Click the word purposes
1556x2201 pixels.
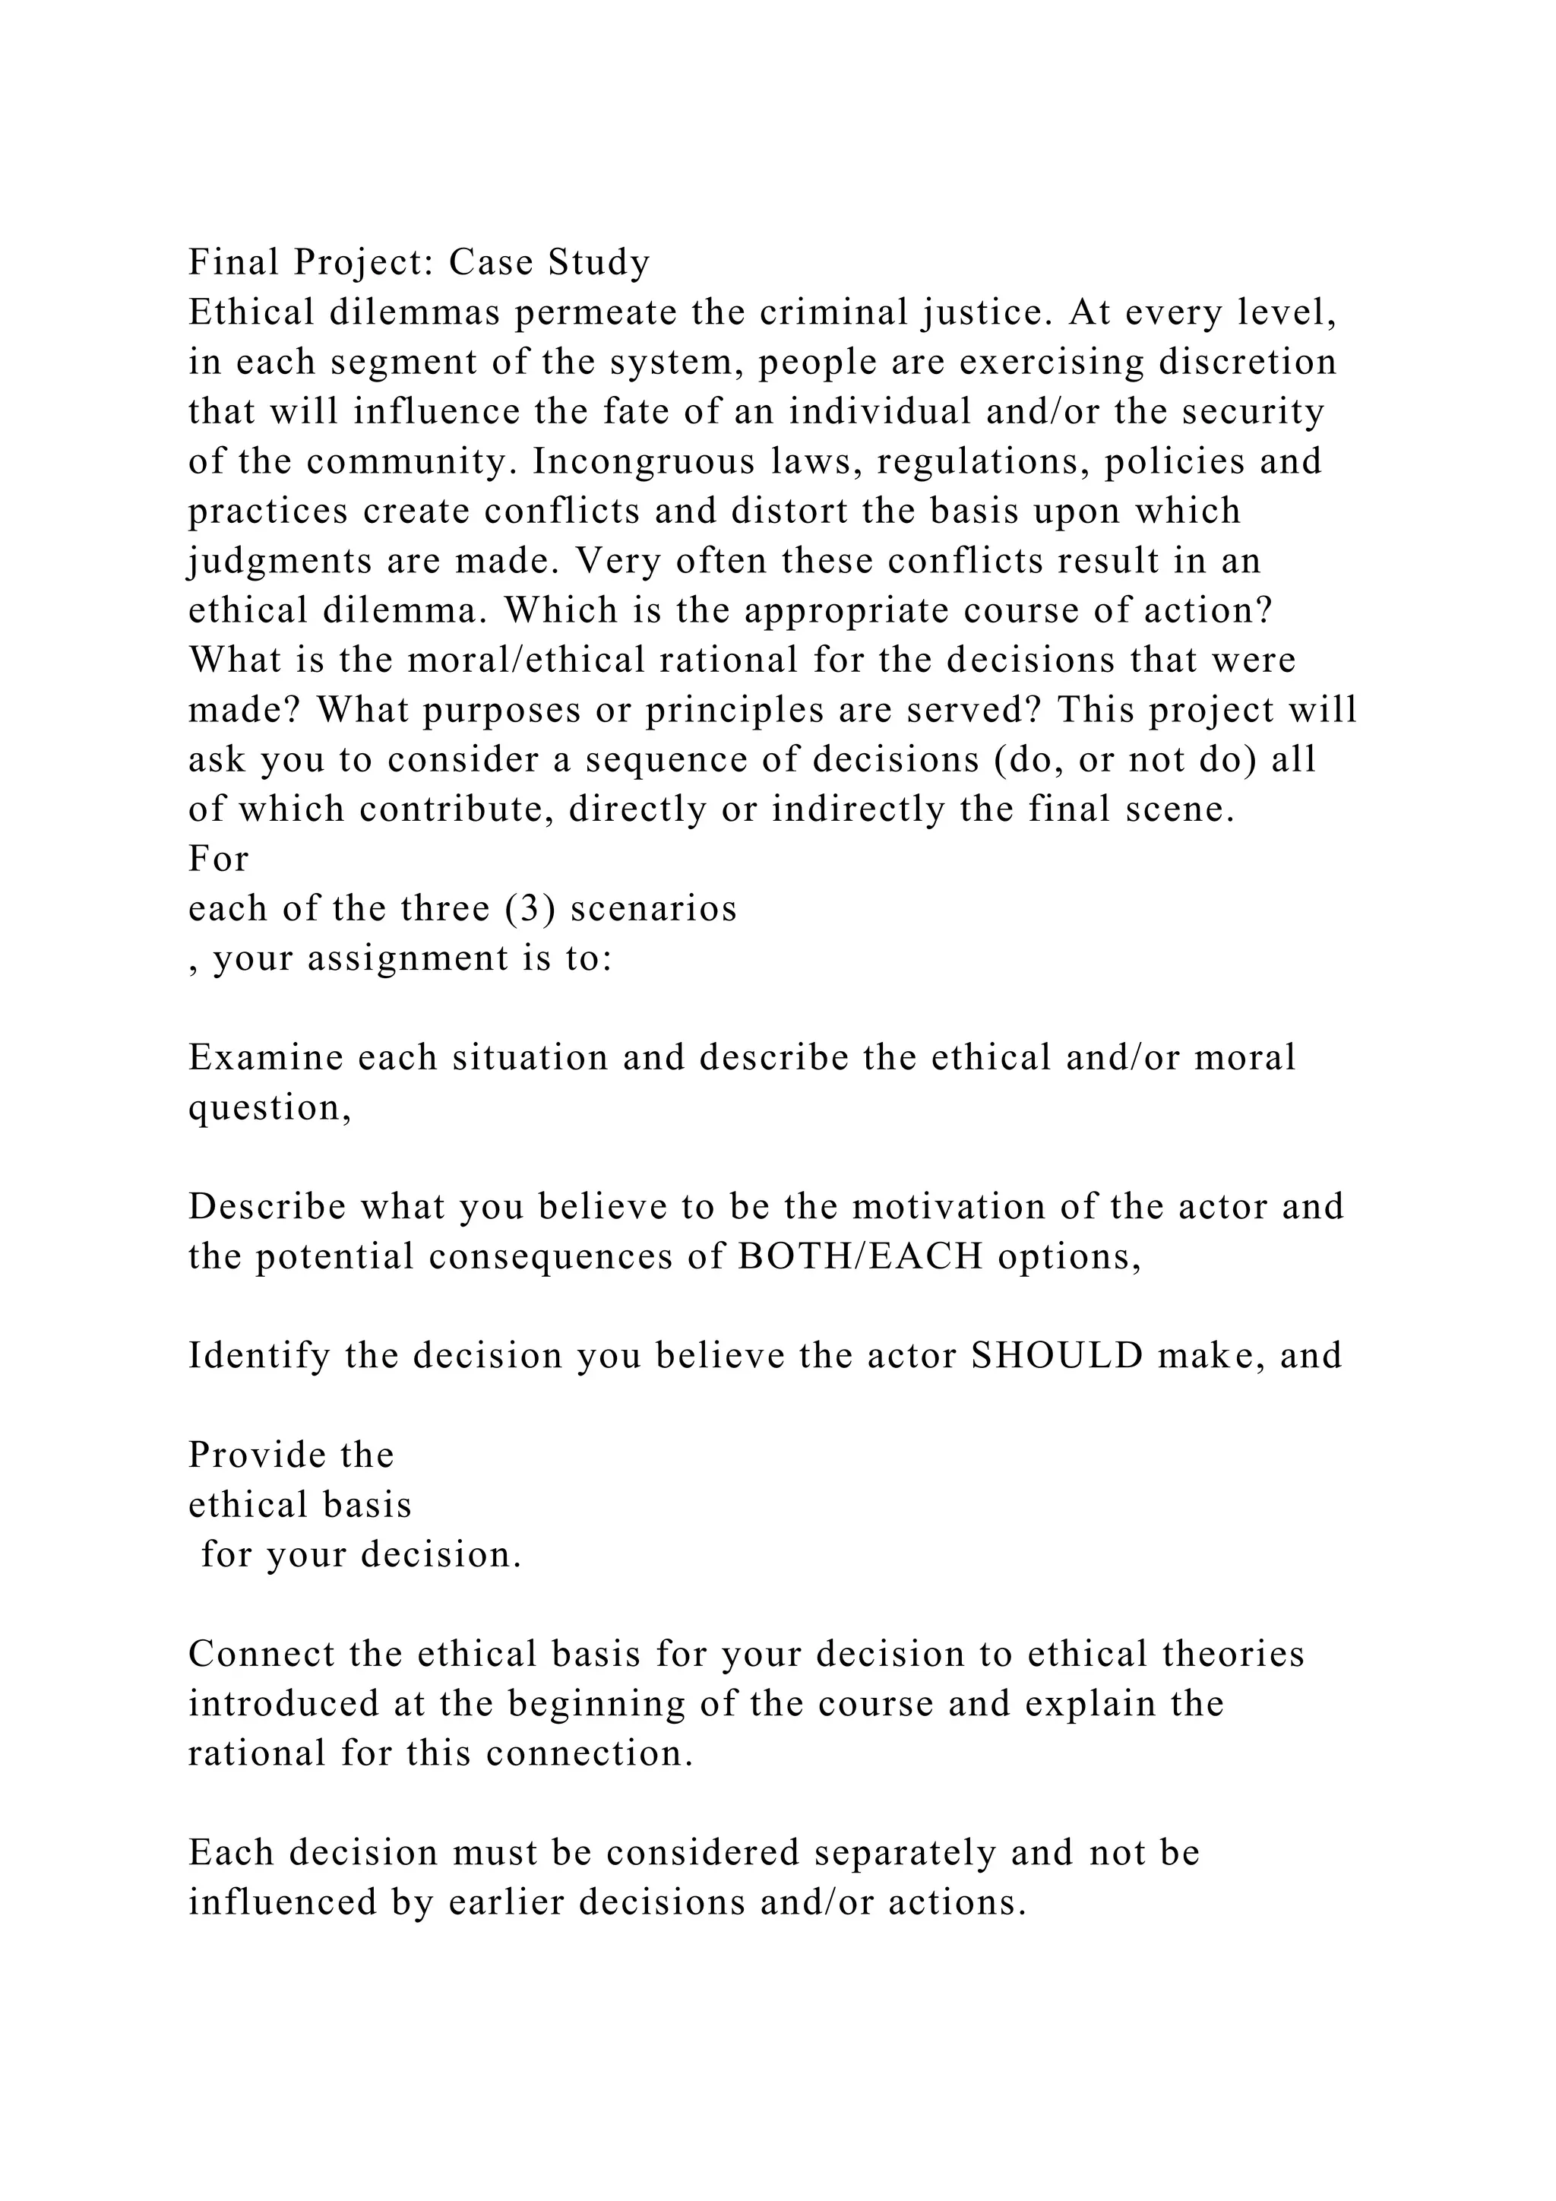pos(520,711)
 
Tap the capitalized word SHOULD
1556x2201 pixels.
pos(1057,1357)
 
